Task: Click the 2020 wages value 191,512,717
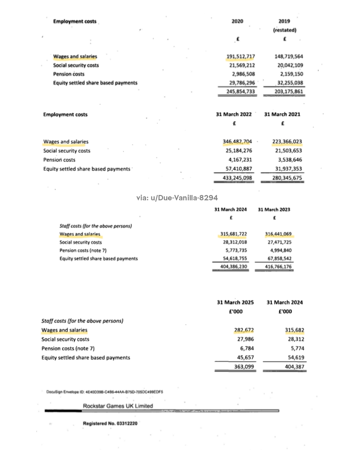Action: pos(240,56)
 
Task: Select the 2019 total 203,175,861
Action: pos(284,91)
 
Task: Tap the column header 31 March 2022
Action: pos(234,114)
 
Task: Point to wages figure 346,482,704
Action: pos(237,142)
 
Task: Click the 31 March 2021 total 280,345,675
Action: pos(287,178)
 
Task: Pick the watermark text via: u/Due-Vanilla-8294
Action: pos(177,198)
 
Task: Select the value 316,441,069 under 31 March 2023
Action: pos(278,234)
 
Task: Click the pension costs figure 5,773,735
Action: pos(235,250)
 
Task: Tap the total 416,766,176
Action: pos(278,267)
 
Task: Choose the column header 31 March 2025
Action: pos(235,302)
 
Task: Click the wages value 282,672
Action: pos(244,330)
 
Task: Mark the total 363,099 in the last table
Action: pos(244,367)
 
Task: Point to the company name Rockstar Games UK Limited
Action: pos(118,406)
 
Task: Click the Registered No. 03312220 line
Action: pos(110,423)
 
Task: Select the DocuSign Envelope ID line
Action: pos(104,392)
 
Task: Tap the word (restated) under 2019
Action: pos(284,30)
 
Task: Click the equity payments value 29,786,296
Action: pos(242,83)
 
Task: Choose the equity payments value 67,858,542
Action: pos(279,259)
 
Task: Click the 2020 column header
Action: pos(237,21)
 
